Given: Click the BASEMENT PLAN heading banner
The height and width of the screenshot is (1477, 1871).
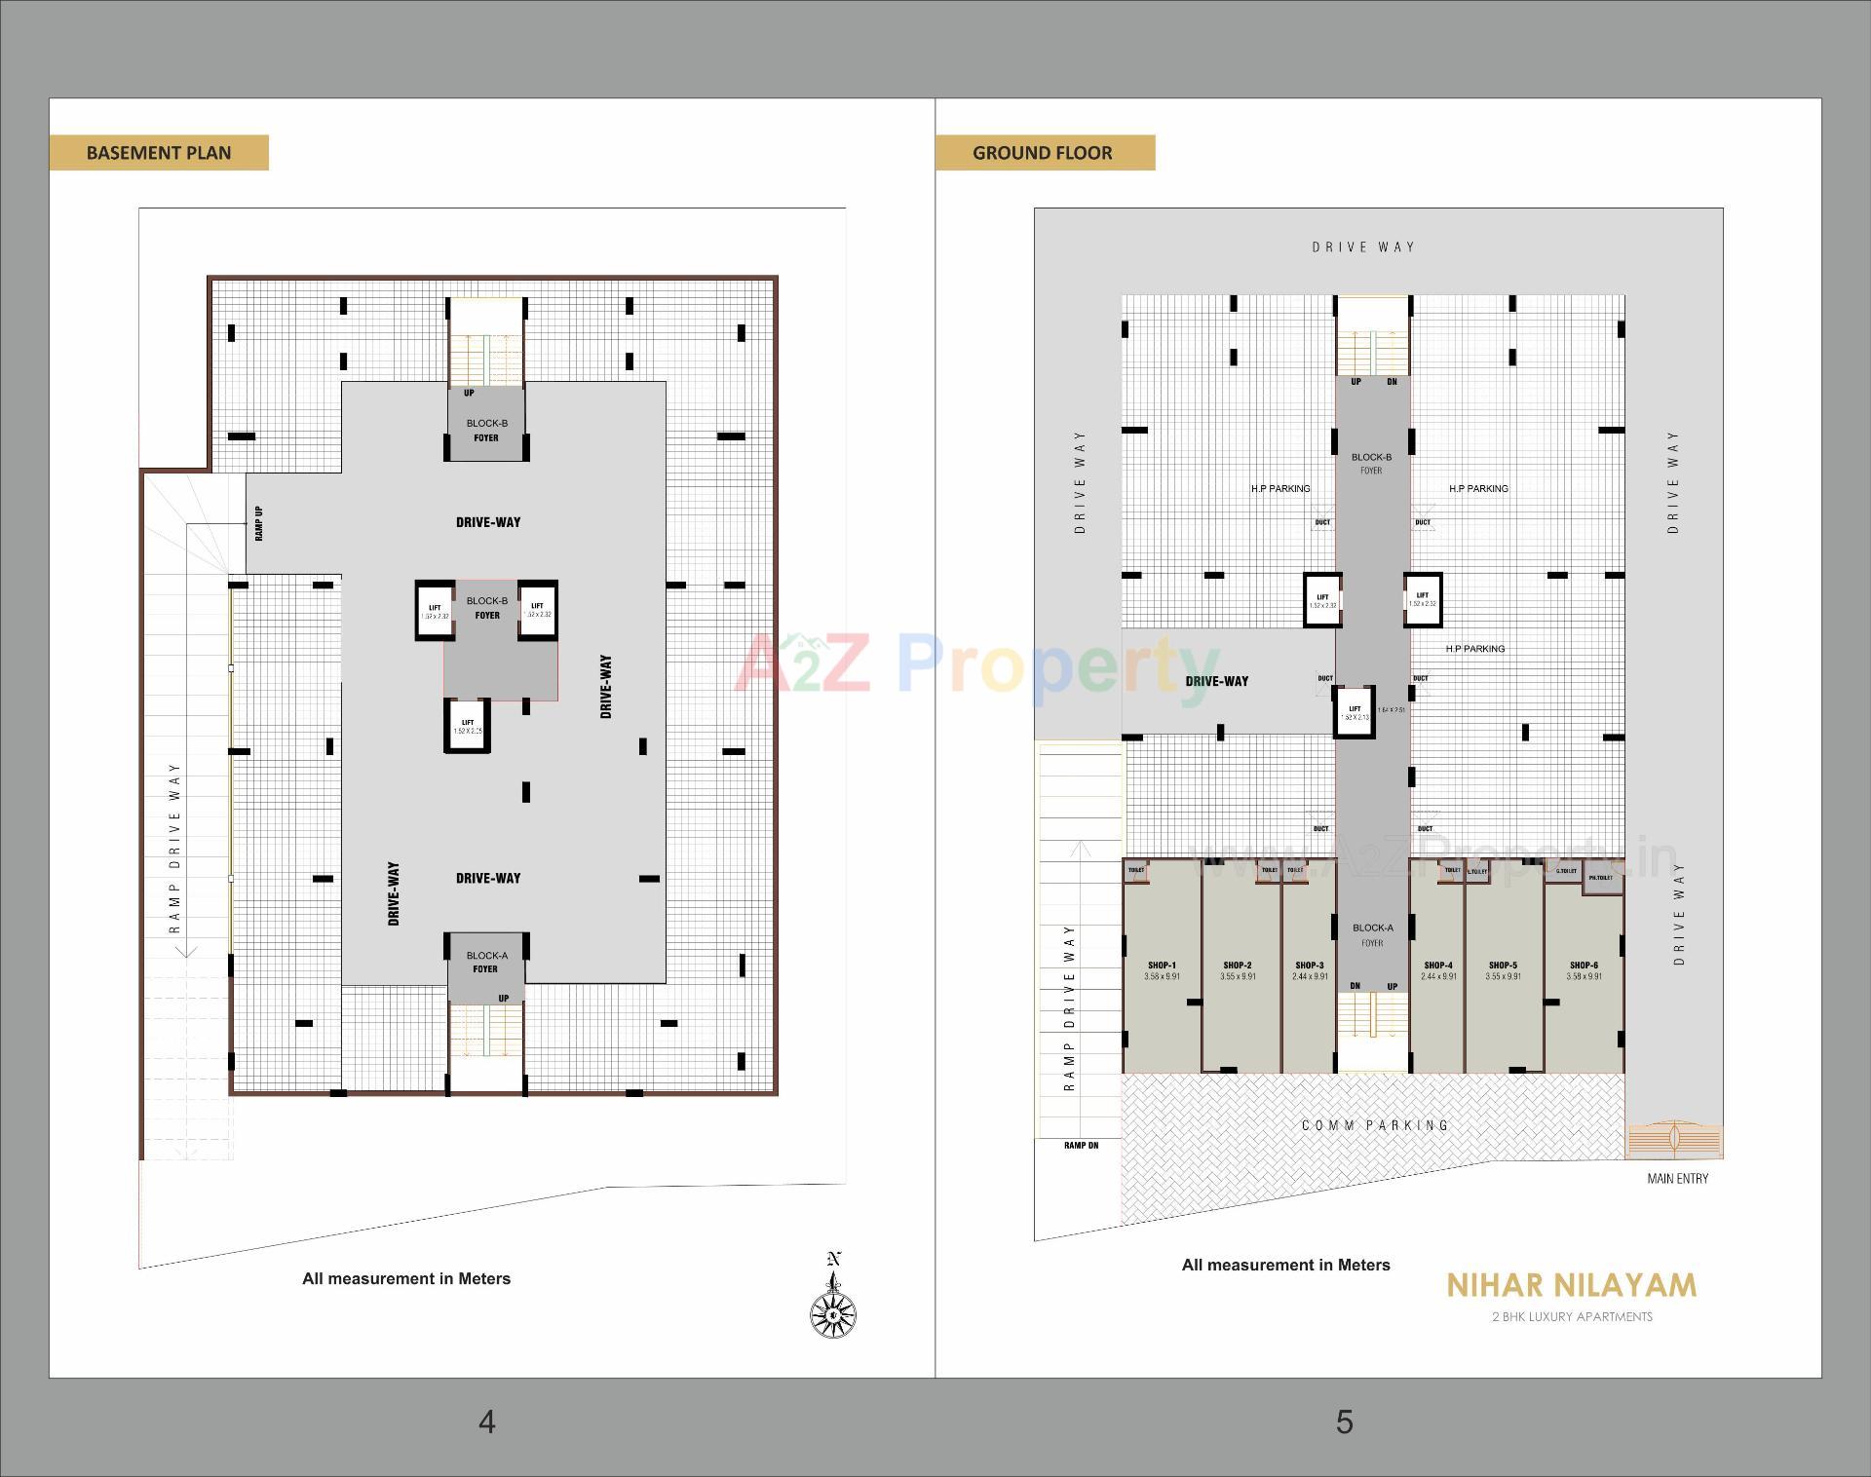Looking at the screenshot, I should pyautogui.click(x=159, y=153).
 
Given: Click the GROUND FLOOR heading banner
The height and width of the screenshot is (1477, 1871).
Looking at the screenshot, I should pyautogui.click(x=1043, y=153).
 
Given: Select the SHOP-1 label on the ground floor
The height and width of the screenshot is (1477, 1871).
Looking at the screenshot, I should pyautogui.click(x=1162, y=966).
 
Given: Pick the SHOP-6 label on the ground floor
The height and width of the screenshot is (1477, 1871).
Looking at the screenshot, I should pyautogui.click(x=1584, y=966).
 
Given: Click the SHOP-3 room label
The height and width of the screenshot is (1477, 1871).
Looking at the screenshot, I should pyautogui.click(x=1310, y=966).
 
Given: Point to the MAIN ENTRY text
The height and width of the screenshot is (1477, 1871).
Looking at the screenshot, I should pyautogui.click(x=1677, y=1179).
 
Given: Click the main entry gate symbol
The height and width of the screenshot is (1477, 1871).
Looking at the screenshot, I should pyautogui.click(x=1673, y=1139).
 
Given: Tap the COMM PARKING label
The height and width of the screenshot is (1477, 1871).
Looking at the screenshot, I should pyautogui.click(x=1375, y=1125).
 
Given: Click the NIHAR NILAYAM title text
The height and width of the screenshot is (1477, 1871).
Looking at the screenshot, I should pyautogui.click(x=1571, y=1286).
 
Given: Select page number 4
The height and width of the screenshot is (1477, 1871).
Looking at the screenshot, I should pyautogui.click(x=487, y=1422).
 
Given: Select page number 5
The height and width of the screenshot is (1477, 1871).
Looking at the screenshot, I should pyautogui.click(x=1344, y=1422).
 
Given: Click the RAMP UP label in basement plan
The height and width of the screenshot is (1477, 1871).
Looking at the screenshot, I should pyautogui.click(x=259, y=523).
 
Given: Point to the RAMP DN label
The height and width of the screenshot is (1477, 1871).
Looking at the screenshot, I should pyautogui.click(x=1081, y=1146).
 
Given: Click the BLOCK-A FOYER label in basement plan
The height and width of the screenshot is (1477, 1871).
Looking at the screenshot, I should pyautogui.click(x=486, y=963).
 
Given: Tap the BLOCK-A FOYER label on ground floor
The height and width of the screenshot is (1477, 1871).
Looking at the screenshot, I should pyautogui.click(x=1372, y=935).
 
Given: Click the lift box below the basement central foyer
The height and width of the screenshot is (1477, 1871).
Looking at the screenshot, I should pyautogui.click(x=468, y=727).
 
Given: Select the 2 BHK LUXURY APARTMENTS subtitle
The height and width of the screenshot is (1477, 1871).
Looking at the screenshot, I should pyautogui.click(x=1572, y=1317).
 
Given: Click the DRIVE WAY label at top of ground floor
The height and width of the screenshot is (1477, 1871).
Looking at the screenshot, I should pyautogui.click(x=1363, y=247).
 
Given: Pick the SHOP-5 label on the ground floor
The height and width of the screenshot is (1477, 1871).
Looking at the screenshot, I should pyautogui.click(x=1503, y=966).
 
